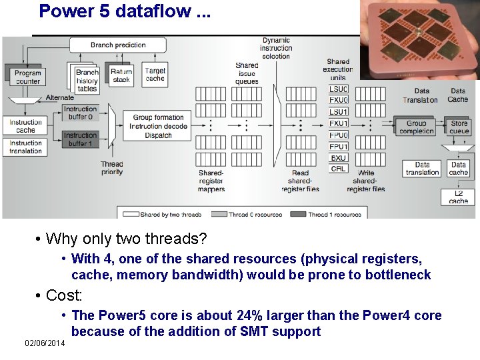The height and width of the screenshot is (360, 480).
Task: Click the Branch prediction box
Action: pyautogui.click(x=118, y=45)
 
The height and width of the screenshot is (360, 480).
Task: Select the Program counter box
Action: pyautogui.click(x=27, y=77)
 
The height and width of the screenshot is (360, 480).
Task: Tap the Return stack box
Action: pyautogui.click(x=121, y=75)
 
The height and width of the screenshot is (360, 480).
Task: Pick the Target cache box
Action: pyautogui.click(x=155, y=75)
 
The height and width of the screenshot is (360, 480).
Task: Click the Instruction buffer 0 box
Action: pyautogui.click(x=81, y=113)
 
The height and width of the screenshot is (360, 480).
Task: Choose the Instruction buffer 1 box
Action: pyautogui.click(x=81, y=139)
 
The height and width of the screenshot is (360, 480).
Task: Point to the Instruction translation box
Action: pyautogui.click(x=26, y=147)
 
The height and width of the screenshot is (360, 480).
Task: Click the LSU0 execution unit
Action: pyautogui.click(x=339, y=89)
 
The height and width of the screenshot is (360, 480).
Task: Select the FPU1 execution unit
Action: pyautogui.click(x=339, y=146)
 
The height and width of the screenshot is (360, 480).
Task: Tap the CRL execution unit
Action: pyautogui.click(x=339, y=169)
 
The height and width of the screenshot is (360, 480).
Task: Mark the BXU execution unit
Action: pyautogui.click(x=339, y=157)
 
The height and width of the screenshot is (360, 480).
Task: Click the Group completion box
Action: pyautogui.click(x=417, y=127)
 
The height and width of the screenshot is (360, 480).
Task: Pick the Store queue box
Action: pyautogui.click(x=459, y=127)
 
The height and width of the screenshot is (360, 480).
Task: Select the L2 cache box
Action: pyautogui.click(x=459, y=197)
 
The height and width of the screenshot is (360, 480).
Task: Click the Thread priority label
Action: pyautogui.click(x=112, y=168)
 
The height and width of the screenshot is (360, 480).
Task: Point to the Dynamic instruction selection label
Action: pyautogui.click(x=276, y=48)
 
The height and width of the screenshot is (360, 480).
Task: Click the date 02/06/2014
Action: pyautogui.click(x=45, y=343)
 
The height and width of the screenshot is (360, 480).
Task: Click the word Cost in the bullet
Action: pyautogui.click(x=64, y=295)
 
